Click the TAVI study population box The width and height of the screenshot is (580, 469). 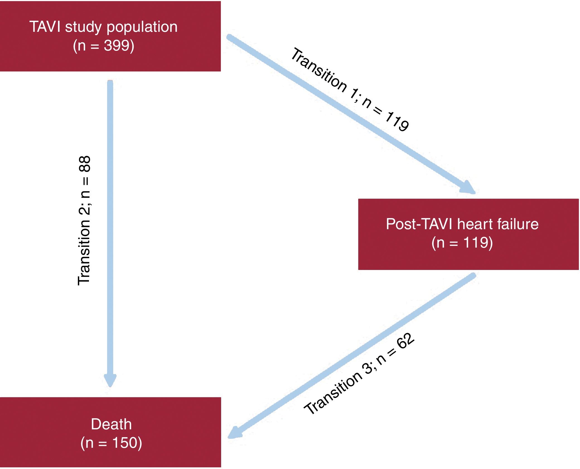pyautogui.click(x=110, y=36)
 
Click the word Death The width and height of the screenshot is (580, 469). pyautogui.click(x=111, y=424)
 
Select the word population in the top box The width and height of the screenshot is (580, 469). pyautogui.click(x=142, y=27)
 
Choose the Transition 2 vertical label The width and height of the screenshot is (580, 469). pyautogui.click(x=84, y=221)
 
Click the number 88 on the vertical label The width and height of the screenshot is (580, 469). pyautogui.click(x=84, y=164)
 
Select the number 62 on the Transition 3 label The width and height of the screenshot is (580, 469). pyautogui.click(x=405, y=341)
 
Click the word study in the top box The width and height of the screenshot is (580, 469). pyautogui.click(x=83, y=27)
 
